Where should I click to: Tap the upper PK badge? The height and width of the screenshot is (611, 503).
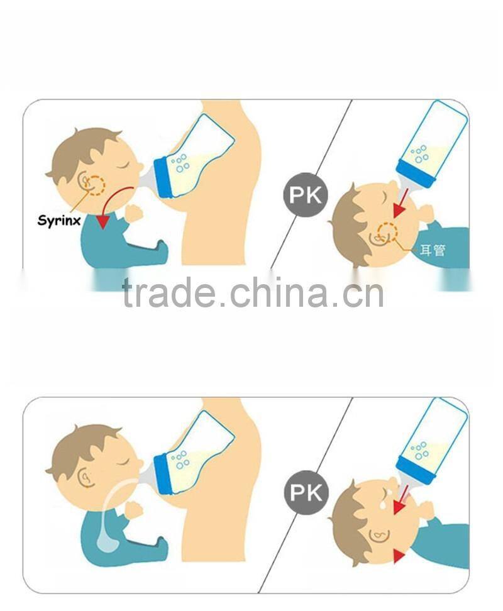pos(306,195)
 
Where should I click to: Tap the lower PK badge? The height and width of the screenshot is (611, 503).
pos(306,493)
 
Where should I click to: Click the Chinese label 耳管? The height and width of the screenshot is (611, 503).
pos(433,250)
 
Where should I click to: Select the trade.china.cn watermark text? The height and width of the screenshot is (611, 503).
pos(253,293)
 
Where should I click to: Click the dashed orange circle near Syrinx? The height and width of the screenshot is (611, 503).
pos(96,184)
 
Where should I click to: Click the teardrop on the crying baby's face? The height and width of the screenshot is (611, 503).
pos(384,505)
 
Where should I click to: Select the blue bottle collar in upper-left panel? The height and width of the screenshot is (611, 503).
pos(162,178)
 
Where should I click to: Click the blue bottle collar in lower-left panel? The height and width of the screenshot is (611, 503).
pos(163,474)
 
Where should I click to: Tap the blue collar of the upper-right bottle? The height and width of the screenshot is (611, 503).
pos(416,175)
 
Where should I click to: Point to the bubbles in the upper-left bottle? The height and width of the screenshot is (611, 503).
pos(180,163)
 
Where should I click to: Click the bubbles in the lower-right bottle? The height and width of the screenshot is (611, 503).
pos(420,451)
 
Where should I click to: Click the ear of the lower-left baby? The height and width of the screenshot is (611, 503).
pos(87,477)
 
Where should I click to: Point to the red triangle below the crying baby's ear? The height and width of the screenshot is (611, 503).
pos(398,556)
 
